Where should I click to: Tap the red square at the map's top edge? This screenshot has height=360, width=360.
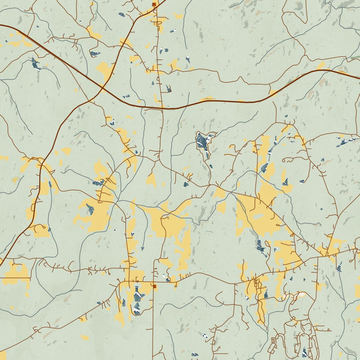click(x=154, y=4)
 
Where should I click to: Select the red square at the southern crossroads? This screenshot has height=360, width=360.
click(x=154, y=286)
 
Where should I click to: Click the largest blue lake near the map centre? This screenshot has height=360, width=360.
click(x=203, y=142)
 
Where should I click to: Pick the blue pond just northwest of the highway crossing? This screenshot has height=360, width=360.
click(x=94, y=54)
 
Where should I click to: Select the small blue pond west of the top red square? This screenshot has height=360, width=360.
click(x=122, y=14)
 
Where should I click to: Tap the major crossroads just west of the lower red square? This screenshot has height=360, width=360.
click(x=127, y=280)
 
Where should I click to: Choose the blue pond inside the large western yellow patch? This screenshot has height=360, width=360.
click(x=90, y=209)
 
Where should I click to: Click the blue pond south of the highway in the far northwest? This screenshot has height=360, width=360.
click(x=36, y=64)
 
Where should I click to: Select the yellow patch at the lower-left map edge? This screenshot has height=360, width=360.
click(x=14, y=274)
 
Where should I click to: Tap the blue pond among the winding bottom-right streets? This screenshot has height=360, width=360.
click(x=305, y=352)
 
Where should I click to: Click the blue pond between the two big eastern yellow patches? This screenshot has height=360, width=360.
click(x=260, y=245)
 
